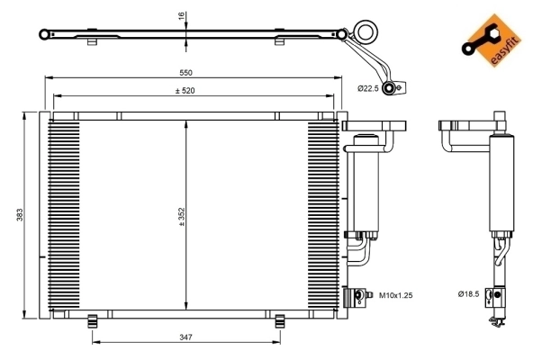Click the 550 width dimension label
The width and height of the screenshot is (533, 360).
(186, 72)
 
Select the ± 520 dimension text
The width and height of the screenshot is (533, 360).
(186, 90)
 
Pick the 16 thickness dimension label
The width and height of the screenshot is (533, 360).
(180, 16)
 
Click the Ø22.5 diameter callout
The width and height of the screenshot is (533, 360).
(370, 88)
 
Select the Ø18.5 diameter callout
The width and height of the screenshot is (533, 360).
(468, 294)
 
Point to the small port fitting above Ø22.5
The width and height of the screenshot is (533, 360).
(391, 87)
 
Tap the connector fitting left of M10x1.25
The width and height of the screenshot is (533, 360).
(360, 294)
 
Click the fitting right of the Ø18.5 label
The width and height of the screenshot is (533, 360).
(492, 294)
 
